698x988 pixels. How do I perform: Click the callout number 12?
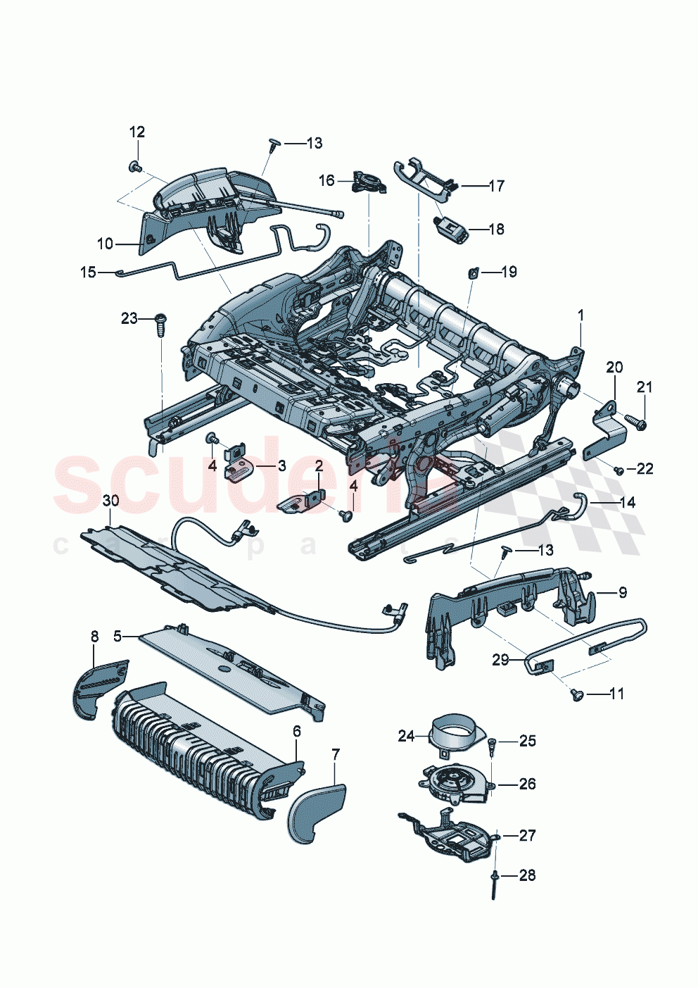click(x=137, y=132)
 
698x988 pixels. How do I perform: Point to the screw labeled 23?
click(x=160, y=325)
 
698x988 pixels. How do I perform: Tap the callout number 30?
click(x=110, y=501)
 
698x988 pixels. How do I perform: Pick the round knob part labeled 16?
click(x=369, y=183)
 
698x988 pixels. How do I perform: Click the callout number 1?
click(x=580, y=316)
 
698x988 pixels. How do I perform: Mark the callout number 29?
click(x=500, y=660)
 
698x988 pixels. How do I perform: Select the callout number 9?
click(x=623, y=593)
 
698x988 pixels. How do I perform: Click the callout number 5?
click(x=118, y=636)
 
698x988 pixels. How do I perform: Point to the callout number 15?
click(x=88, y=272)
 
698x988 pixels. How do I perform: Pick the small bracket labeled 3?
click(x=238, y=466)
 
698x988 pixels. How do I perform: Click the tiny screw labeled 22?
click(x=617, y=470)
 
